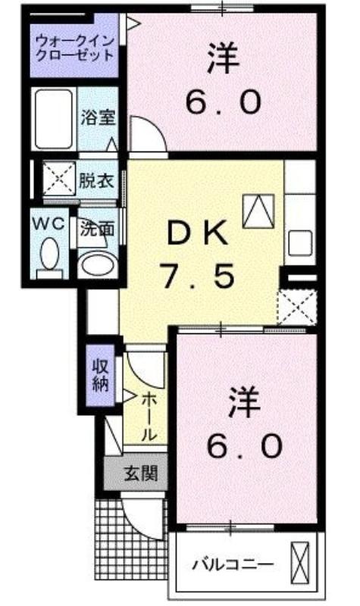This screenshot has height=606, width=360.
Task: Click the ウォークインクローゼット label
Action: [74, 47]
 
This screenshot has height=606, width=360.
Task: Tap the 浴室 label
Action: [98, 118]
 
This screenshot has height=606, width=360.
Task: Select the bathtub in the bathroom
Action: [54, 119]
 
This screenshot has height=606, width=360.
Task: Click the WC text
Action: [49, 224]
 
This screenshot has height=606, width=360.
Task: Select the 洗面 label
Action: [97, 229]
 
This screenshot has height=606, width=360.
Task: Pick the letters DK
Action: [196, 233]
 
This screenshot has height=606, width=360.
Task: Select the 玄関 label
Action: [141, 473]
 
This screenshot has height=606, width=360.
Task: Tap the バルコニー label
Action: [233, 565]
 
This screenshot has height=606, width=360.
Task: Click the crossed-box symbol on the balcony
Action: [300, 561]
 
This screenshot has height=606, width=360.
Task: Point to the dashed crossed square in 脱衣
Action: [59, 178]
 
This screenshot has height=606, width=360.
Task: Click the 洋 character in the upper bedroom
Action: [222, 58]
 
